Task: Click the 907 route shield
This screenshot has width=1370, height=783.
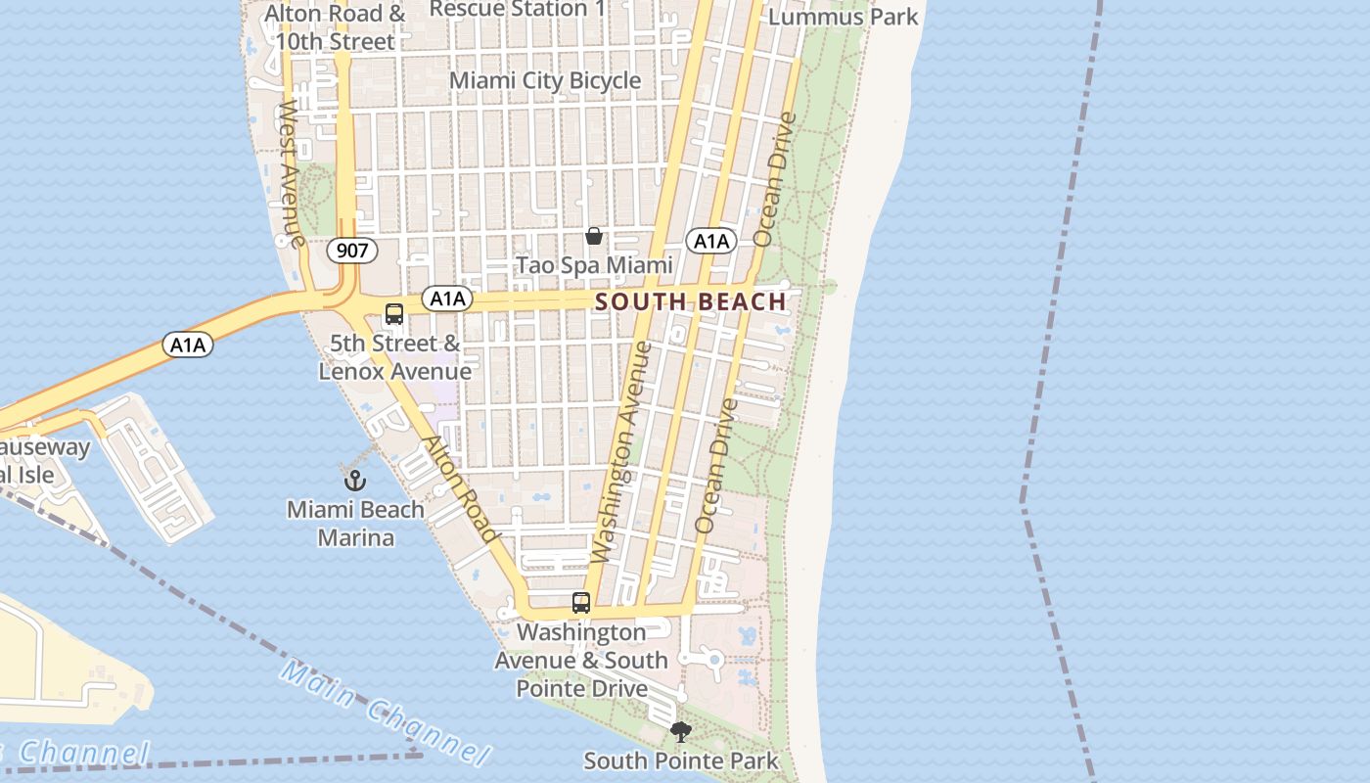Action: coord(351,251)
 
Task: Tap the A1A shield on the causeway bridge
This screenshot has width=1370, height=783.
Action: coord(187,345)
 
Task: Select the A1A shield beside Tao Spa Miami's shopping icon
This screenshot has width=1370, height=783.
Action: coord(710,241)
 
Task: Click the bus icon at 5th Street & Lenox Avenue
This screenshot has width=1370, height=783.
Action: coord(394,314)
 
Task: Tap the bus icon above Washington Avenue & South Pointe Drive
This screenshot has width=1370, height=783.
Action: coord(581,603)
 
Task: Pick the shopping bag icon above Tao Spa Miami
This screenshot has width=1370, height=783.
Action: coord(594,236)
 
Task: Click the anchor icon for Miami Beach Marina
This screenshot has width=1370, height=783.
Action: coord(355,481)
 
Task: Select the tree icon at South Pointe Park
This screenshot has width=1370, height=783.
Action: coord(680,732)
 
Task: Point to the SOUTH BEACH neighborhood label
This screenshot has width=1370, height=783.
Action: coord(691,301)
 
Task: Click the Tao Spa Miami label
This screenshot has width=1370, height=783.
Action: coord(594,265)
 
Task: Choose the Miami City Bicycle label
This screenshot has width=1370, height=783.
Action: coord(545,80)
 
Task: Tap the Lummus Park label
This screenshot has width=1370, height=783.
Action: coord(844,17)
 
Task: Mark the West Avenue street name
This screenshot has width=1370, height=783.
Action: coord(291,173)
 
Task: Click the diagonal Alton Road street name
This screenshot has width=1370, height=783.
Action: coord(459,488)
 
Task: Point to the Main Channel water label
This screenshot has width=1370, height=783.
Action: coord(384,712)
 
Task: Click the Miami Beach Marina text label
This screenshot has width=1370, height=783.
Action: coord(355,524)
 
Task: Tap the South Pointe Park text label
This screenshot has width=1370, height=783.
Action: coord(681,760)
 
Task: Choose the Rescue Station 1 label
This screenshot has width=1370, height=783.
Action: coord(518,9)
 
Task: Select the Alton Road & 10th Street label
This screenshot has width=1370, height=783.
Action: coord(335,27)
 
